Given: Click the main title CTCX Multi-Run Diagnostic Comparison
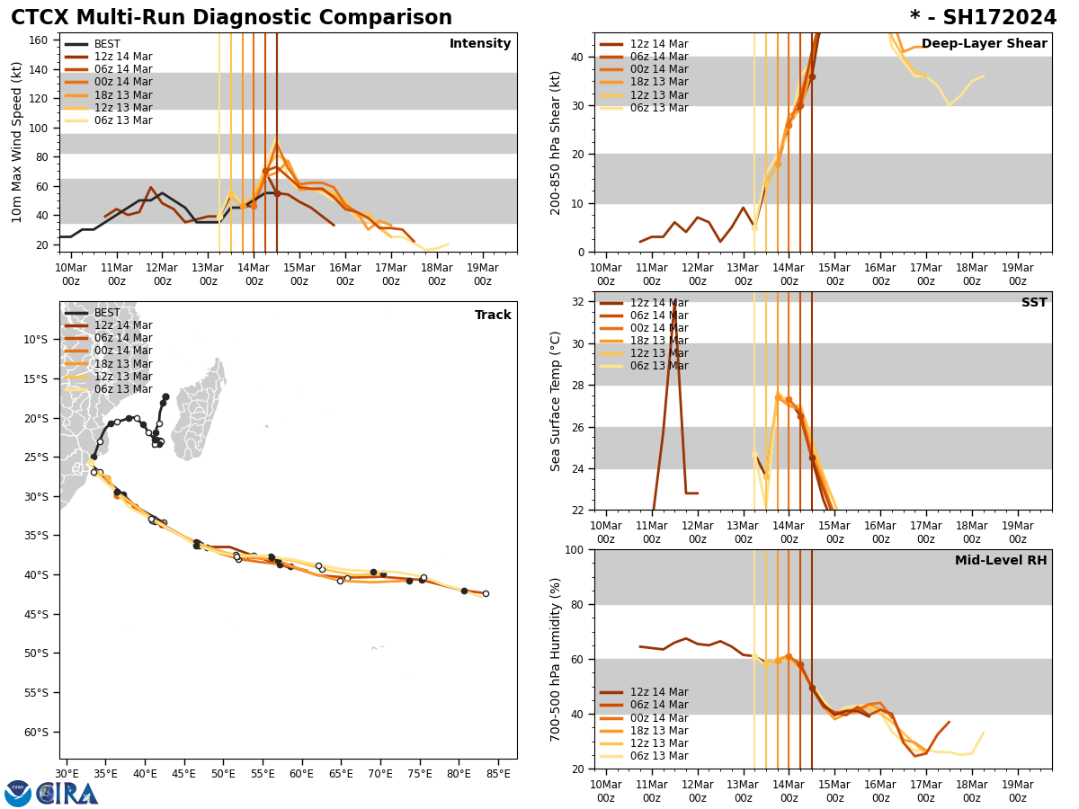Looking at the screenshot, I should (x=231, y=18).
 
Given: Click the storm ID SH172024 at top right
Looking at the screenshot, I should (x=983, y=18).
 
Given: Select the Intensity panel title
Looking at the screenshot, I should (x=480, y=44).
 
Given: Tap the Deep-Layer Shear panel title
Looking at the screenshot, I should (x=984, y=44).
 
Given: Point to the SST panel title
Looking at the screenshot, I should (x=1034, y=303).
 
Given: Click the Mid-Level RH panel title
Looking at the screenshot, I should (x=1001, y=561).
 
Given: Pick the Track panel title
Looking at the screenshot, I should (x=493, y=316).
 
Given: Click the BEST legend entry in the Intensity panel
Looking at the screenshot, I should (x=107, y=44).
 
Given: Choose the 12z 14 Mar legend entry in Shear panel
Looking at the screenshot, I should (x=659, y=44).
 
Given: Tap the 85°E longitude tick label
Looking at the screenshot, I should (x=497, y=773).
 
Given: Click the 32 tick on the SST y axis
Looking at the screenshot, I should (x=578, y=302).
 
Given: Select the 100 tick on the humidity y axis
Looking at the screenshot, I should (x=575, y=549).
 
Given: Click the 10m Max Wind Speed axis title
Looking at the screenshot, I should (x=17, y=142).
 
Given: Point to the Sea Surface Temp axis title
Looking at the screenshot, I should (x=556, y=401).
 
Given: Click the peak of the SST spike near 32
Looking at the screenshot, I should (x=674, y=303).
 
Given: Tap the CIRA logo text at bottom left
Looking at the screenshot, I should (x=67, y=794).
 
